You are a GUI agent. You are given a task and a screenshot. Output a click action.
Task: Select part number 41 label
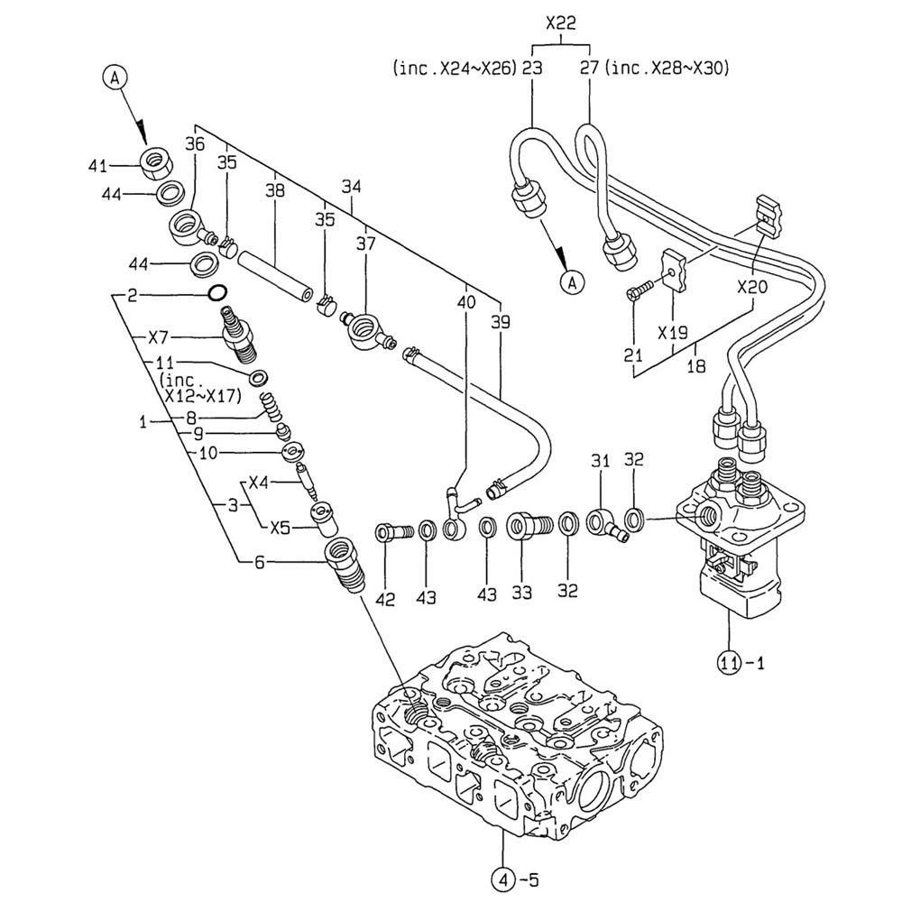98,166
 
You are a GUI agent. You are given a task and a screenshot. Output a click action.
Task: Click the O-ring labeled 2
217,293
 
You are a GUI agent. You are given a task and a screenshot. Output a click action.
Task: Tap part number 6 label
260,562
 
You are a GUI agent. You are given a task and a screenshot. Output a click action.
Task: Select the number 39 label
498,322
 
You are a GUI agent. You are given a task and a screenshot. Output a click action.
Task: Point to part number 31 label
601,461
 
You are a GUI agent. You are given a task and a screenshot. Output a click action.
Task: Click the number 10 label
207,454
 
